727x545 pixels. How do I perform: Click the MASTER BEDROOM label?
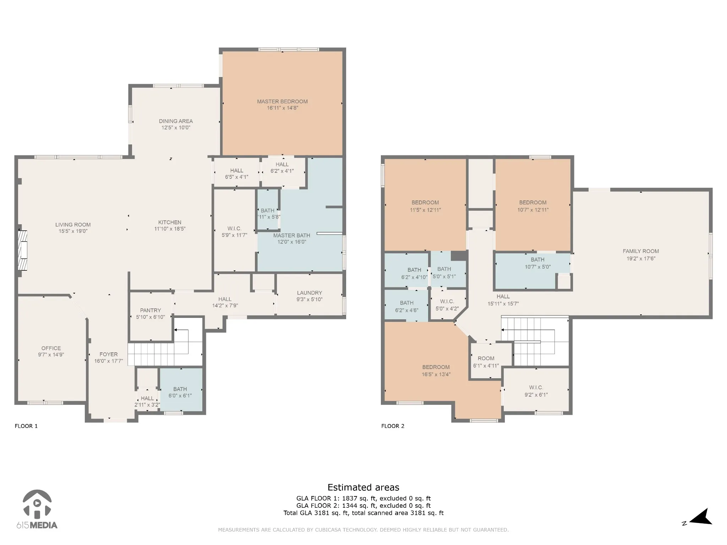(282, 101)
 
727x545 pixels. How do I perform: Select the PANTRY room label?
(151, 310)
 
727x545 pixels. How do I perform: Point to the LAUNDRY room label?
(310, 293)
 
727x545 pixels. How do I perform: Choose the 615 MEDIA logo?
(37, 509)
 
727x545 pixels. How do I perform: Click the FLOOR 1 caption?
(26, 426)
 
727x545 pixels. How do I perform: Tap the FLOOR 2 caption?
(393, 426)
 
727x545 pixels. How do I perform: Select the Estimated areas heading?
(363, 488)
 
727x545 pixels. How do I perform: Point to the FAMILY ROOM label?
(641, 251)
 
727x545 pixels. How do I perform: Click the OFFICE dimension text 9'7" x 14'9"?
(51, 354)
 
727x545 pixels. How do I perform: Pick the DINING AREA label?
(176, 121)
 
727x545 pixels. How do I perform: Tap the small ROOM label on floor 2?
(486, 358)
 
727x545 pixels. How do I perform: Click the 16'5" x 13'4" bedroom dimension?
(436, 374)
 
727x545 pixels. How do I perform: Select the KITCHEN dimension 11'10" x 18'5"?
(170, 229)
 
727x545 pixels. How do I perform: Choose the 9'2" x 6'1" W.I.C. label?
(536, 395)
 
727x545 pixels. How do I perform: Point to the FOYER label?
(109, 354)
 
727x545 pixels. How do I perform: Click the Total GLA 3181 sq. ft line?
(363, 513)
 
